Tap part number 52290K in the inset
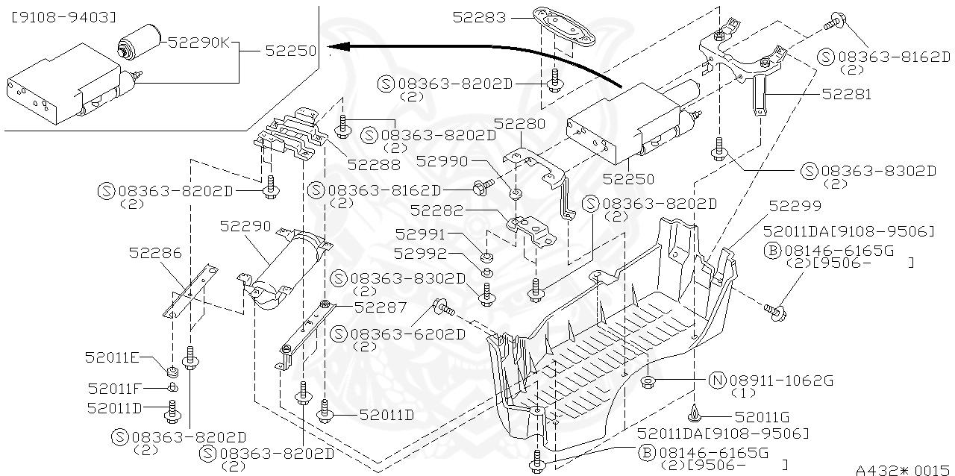pyautogui.click(x=199, y=43)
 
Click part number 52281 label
pyautogui.click(x=846, y=95)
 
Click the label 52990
pyautogui.click(x=442, y=161)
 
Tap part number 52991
pyautogui.click(x=420, y=235)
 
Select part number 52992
pyautogui.click(x=420, y=254)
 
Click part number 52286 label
pyautogui.click(x=155, y=253)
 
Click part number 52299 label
pyautogui.click(x=795, y=206)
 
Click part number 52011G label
pyautogui.click(x=762, y=417)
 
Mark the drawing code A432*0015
pyautogui.click(x=903, y=469)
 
